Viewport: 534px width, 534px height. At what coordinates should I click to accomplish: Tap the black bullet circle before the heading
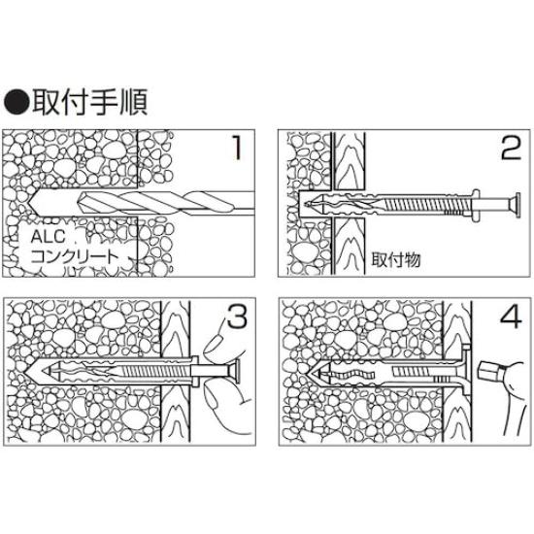coord(17,101)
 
